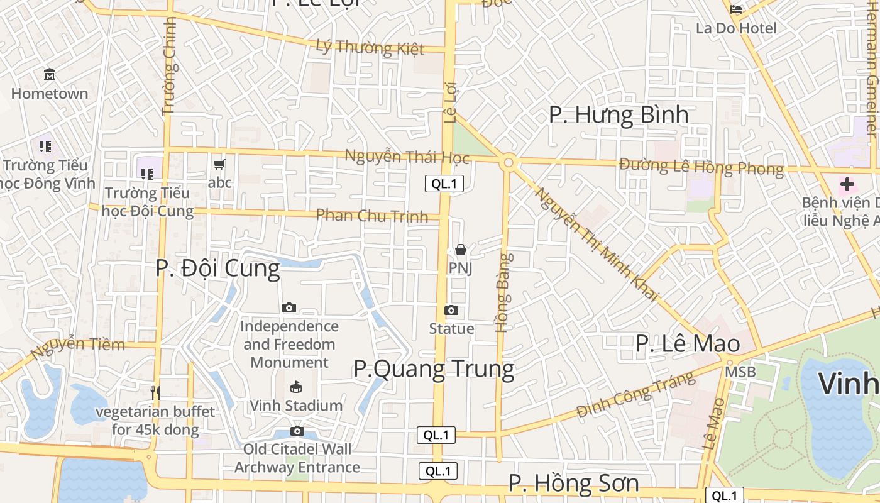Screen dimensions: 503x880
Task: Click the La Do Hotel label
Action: point(736,28)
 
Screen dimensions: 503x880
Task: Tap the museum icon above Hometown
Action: point(50,75)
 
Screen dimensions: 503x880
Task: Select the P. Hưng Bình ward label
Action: point(619,115)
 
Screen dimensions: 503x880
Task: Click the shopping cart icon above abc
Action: point(219,165)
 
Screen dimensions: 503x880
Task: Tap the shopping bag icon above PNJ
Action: point(461,250)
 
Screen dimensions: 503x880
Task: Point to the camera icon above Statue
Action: point(451,311)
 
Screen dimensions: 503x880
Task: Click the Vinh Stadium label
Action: point(297,406)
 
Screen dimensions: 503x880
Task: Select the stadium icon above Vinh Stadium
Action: point(296,387)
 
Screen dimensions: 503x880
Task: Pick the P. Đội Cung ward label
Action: point(217,268)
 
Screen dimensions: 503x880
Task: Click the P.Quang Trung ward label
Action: point(434,368)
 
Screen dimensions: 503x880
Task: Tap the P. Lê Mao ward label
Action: point(688,344)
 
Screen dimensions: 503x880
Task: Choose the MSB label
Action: point(740,372)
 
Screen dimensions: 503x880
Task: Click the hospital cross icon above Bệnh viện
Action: point(847,184)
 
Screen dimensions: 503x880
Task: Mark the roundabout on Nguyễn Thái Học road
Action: point(508,163)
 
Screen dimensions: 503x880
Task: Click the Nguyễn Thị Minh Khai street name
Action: point(596,244)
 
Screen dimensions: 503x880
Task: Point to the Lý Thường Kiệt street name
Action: point(370,47)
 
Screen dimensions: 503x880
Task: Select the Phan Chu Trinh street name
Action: point(371,215)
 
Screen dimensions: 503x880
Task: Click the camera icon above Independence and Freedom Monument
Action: point(289,308)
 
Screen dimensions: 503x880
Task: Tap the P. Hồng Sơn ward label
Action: point(573,484)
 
